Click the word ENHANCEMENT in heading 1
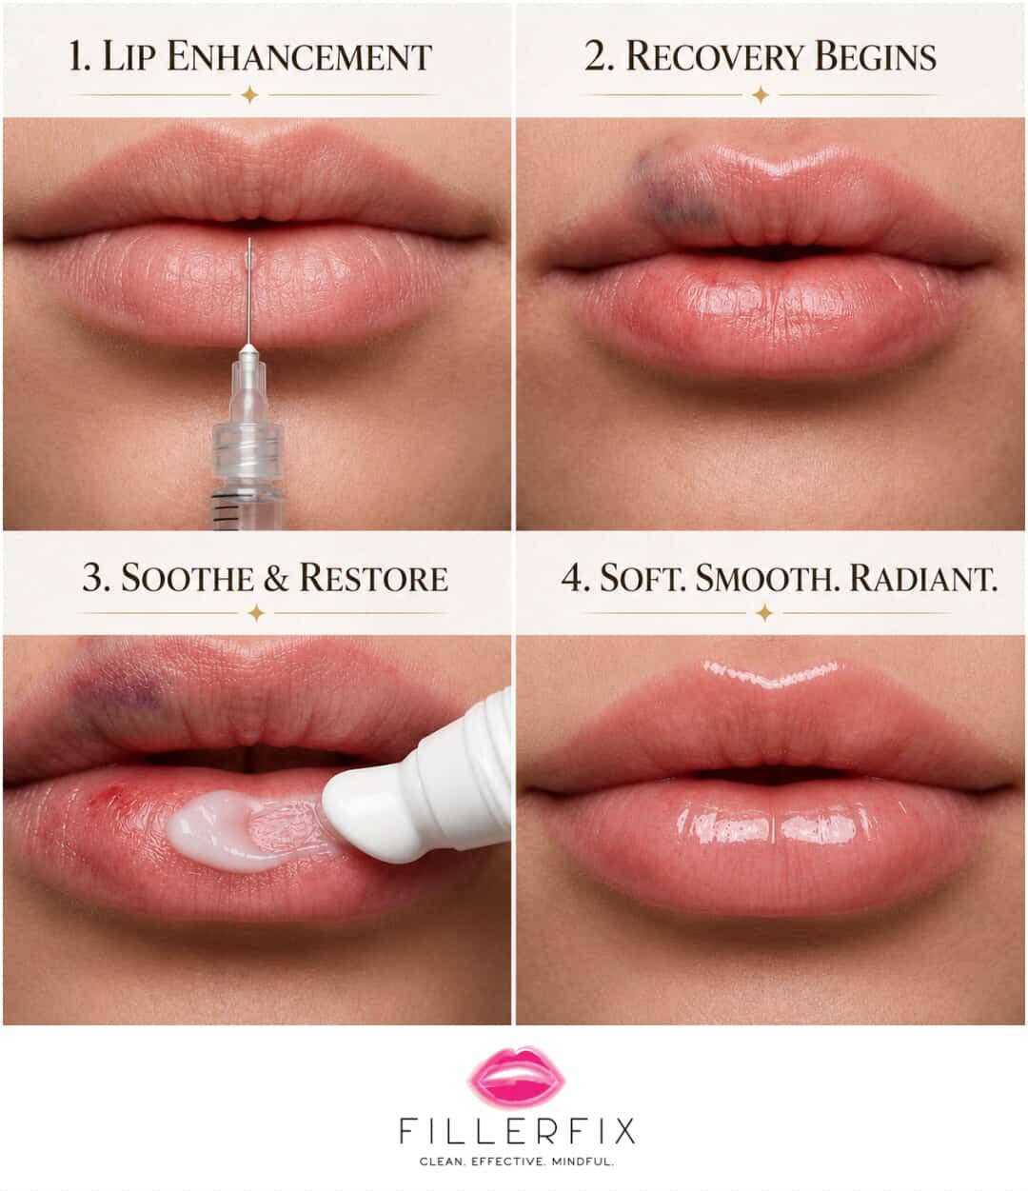(299, 56)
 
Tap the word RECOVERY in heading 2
(715, 56)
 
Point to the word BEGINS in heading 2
(876, 56)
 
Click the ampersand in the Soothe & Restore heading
(277, 578)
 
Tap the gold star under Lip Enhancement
(249, 94)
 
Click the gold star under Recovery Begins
(761, 94)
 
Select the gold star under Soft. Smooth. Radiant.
(764, 613)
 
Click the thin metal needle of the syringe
(249, 291)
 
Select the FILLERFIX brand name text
(517, 1130)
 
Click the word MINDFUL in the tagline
(582, 1161)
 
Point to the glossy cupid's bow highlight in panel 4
(770, 674)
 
